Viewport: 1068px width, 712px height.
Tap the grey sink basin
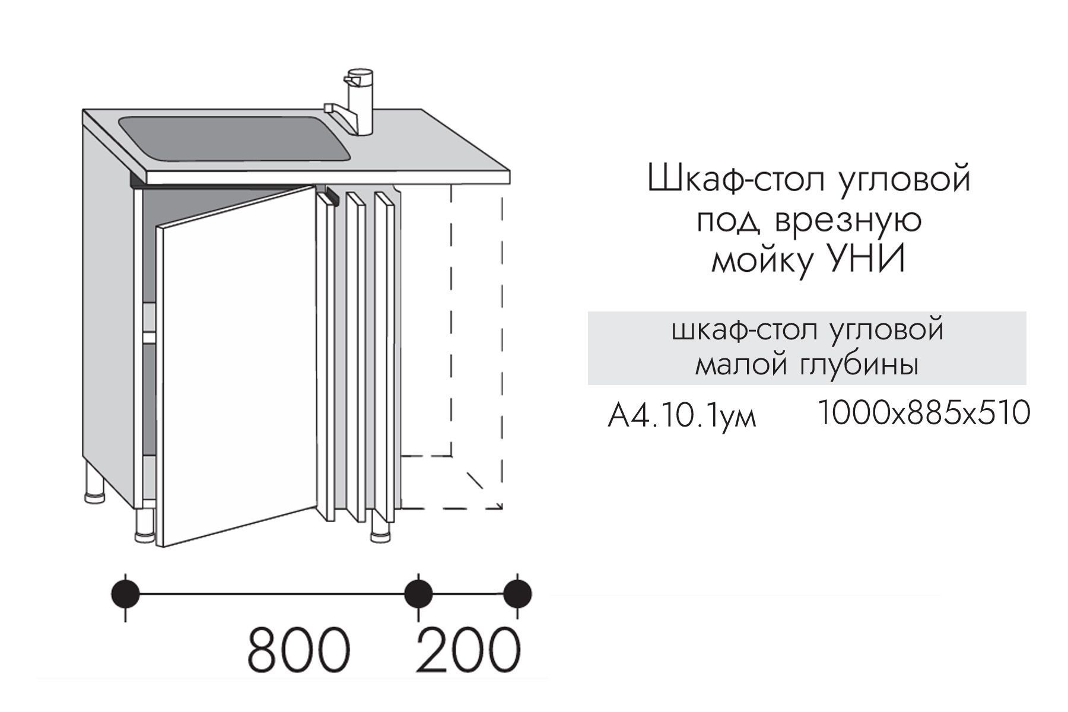tap(235, 138)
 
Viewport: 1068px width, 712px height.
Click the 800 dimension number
tap(299, 650)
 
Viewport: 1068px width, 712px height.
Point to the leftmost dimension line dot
tap(125, 593)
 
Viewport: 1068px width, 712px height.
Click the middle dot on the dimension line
tap(418, 593)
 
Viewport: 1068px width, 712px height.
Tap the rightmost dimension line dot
tap(517, 593)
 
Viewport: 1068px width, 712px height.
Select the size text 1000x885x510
tap(924, 413)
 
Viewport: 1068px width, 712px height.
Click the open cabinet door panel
tap(236, 366)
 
